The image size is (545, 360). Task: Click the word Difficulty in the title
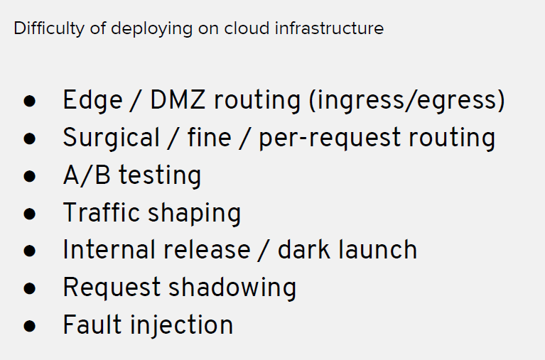49,28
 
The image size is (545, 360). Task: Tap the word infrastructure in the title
329,28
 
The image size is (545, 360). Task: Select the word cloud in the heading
247,28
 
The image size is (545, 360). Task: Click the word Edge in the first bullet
92,101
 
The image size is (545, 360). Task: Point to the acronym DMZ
177,99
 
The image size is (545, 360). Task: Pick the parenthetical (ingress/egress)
407,101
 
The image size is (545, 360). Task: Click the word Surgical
112,138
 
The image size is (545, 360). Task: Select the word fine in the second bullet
209,137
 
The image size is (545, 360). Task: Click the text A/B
87,175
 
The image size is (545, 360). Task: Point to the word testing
161,176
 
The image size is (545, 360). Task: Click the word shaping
195,213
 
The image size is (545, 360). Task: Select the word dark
304,249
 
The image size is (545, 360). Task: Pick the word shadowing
232,288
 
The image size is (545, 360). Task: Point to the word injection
182,326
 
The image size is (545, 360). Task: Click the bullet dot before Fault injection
30,326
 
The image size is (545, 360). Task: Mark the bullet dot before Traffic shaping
30,214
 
